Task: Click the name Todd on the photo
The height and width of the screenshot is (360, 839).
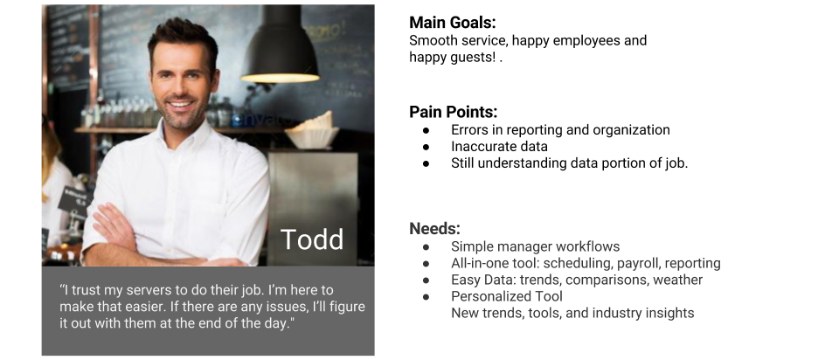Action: coord(312,239)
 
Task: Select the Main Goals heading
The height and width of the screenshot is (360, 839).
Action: coord(452,23)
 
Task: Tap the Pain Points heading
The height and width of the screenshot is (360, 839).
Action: coord(454,112)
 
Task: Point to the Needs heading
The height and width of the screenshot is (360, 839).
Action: coord(434,228)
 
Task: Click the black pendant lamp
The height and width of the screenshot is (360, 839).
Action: coord(280,45)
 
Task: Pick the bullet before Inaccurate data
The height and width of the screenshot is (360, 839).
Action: coord(426,147)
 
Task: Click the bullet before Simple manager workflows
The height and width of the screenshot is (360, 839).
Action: coord(426,247)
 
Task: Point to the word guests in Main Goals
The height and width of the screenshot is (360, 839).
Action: coord(473,58)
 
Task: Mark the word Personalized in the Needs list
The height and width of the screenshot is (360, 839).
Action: coord(484,296)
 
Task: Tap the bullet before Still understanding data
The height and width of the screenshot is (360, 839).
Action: coord(426,163)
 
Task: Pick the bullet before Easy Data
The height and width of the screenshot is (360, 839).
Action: coord(426,280)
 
